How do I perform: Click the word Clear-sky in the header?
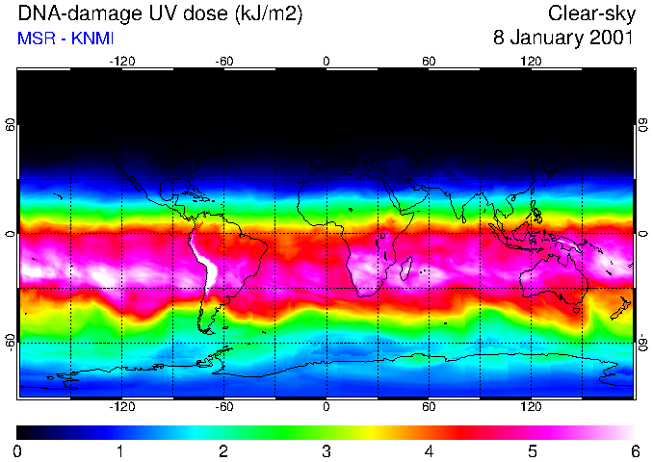click(589, 13)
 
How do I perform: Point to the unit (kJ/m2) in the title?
click(253, 13)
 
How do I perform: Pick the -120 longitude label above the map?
click(121, 62)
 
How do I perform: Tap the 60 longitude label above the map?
click(429, 62)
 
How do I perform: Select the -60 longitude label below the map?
click(223, 406)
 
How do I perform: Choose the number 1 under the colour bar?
click(119, 450)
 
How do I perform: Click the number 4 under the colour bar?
click(429, 450)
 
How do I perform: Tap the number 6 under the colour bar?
click(634, 450)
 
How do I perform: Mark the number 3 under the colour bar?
click(326, 450)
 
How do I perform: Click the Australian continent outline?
click(554, 279)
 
